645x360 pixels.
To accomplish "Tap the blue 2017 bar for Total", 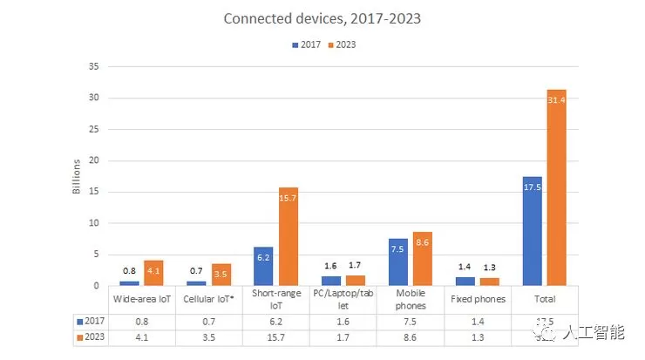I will click(x=533, y=231).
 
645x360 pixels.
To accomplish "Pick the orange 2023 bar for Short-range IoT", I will click(x=288, y=236).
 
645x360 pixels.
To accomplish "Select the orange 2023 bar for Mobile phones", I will click(x=422, y=259).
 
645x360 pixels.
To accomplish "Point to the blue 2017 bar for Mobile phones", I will click(x=398, y=262).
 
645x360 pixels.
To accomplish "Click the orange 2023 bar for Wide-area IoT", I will click(x=153, y=273).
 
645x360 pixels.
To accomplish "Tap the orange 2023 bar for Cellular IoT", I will click(x=221, y=275).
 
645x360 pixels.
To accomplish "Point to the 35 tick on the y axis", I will click(x=97, y=67).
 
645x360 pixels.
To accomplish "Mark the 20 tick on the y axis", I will click(x=97, y=161).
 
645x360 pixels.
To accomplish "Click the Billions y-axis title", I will click(x=77, y=176).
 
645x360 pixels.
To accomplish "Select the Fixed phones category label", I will click(x=478, y=299).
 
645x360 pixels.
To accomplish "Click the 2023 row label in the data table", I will click(x=93, y=336).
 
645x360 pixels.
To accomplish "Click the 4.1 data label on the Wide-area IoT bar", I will click(x=153, y=271).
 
